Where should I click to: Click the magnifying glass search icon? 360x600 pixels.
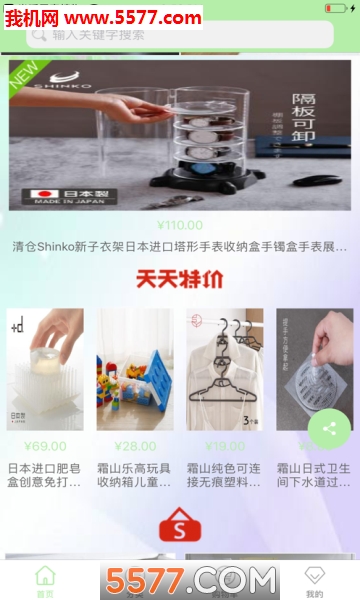click(39, 34)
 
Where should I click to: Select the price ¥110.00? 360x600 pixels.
click(180, 225)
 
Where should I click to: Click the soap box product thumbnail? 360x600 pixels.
click(45, 369)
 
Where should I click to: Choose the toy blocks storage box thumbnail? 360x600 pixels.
click(134, 369)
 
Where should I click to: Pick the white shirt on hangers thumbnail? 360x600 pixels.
click(223, 369)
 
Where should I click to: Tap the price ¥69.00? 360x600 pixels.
click(45, 446)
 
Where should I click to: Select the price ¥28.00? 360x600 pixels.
click(134, 446)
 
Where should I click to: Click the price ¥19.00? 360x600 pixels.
click(223, 446)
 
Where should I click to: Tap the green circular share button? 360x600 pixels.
click(328, 429)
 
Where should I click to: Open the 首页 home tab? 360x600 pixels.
click(45, 581)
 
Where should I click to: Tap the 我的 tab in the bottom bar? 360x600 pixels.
click(315, 581)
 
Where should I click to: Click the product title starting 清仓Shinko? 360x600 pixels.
click(180, 247)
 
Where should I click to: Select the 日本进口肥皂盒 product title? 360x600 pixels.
click(45, 475)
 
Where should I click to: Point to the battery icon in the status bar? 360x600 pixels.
click(336, 8)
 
